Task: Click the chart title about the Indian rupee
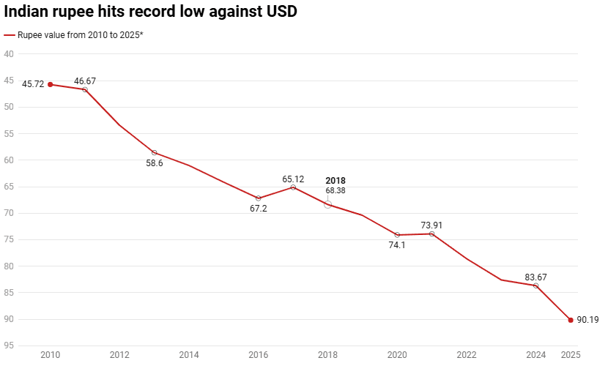pyautogui.click(x=150, y=12)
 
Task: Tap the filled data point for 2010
pyautogui.click(x=50, y=84)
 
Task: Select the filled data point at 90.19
pyautogui.click(x=571, y=320)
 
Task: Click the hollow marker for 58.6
pyautogui.click(x=154, y=152)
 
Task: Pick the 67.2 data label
pyautogui.click(x=258, y=209)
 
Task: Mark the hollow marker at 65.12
pyautogui.click(x=293, y=187)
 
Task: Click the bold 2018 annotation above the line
pyautogui.click(x=335, y=180)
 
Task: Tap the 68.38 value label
pyautogui.click(x=335, y=190)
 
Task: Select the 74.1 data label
pyautogui.click(x=397, y=245)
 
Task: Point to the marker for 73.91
pyautogui.click(x=432, y=234)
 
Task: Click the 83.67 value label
pyautogui.click(x=536, y=277)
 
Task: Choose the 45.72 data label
pyautogui.click(x=33, y=84)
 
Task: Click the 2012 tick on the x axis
pyautogui.click(x=119, y=355)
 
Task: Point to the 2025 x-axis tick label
pyautogui.click(x=571, y=355)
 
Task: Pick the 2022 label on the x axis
pyautogui.click(x=467, y=355)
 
